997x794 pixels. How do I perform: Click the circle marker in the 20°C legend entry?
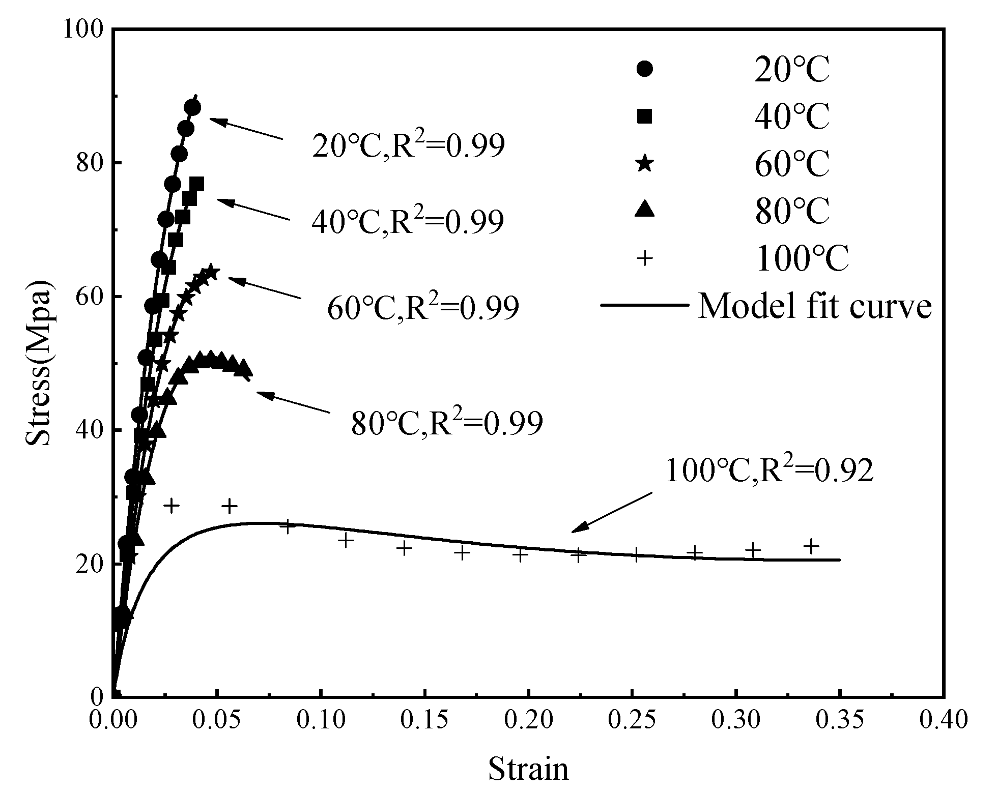click(645, 69)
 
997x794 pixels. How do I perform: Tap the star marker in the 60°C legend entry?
click(645, 163)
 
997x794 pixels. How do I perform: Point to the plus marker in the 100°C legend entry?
click(645, 258)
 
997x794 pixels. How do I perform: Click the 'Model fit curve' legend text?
click(814, 306)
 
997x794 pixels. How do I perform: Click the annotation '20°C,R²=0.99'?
click(408, 146)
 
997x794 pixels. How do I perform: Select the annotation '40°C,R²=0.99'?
click(408, 221)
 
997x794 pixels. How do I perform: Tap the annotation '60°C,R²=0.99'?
click(422, 308)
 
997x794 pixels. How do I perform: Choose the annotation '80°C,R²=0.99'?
click(446, 423)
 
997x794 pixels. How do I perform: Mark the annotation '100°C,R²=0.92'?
click(769, 471)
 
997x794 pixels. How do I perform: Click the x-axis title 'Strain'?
click(529, 769)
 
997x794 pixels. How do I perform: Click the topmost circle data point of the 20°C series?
click(193, 107)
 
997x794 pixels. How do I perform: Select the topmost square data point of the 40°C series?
click(196, 184)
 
